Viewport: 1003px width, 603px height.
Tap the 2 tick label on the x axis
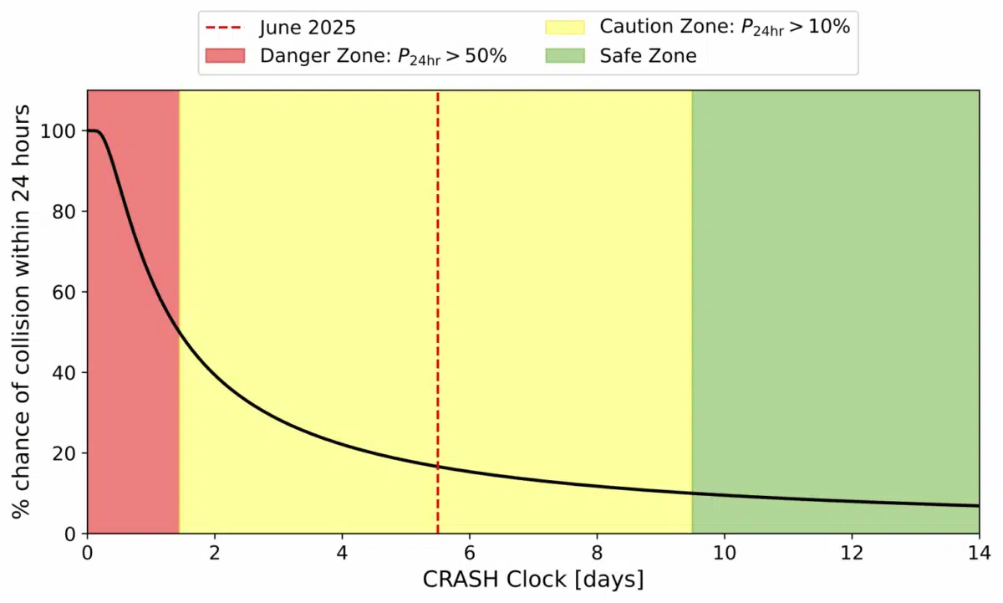tap(215, 552)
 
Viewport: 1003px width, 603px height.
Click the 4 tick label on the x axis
tap(342, 552)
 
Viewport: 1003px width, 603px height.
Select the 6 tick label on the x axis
tap(470, 552)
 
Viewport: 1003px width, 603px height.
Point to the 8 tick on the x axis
tap(597, 552)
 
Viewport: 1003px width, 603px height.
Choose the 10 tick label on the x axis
tap(724, 552)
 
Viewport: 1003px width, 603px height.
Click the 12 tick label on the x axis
tap(851, 552)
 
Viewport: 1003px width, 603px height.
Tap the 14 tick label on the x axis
tap(978, 552)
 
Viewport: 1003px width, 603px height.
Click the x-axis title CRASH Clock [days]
tap(532, 579)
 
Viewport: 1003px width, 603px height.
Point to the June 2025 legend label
tap(308, 27)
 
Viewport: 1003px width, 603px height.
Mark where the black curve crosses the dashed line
tap(438, 467)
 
